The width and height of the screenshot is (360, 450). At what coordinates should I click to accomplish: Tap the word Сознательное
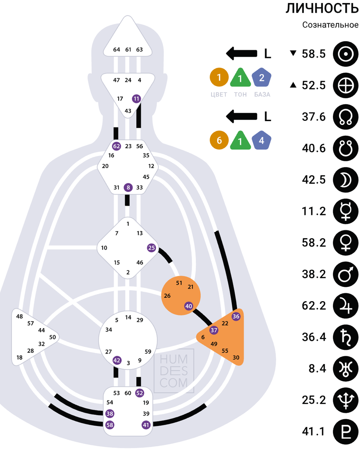330,25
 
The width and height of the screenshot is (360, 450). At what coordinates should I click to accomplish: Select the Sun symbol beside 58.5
343,54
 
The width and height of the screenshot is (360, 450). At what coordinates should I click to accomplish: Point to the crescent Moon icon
343,180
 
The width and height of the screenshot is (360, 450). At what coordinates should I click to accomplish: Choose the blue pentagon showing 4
261,141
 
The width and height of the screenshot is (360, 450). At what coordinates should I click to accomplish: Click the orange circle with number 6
219,141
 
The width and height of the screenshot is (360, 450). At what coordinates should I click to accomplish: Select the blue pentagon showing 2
261,78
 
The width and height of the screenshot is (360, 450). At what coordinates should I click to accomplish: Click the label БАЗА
262,94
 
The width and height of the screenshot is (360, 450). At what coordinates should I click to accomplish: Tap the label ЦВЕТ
219,94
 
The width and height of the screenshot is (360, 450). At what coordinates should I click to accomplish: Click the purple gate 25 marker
151,248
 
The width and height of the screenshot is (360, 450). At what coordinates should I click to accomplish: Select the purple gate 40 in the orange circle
189,306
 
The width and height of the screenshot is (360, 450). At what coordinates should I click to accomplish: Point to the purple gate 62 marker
117,146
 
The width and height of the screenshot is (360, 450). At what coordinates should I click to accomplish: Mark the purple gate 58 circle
110,425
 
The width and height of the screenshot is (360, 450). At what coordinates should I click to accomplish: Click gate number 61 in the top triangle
128,49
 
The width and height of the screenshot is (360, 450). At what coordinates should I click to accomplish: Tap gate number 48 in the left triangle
19,316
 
